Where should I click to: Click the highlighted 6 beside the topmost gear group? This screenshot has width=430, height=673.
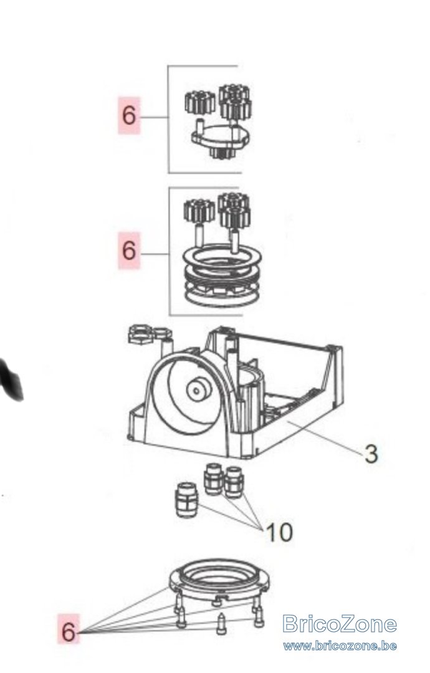point(129,115)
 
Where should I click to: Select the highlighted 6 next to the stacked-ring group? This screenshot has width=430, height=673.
point(129,251)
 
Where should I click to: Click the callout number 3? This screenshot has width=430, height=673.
point(371,454)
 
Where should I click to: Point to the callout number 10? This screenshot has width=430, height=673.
point(279,532)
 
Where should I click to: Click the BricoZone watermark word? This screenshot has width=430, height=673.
point(340,624)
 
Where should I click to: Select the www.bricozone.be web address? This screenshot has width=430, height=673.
point(340,646)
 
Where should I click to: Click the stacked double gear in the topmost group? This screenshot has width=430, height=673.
point(235,102)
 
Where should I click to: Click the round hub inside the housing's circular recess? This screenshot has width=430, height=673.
point(198,389)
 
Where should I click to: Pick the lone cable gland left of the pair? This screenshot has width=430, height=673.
point(187,499)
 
